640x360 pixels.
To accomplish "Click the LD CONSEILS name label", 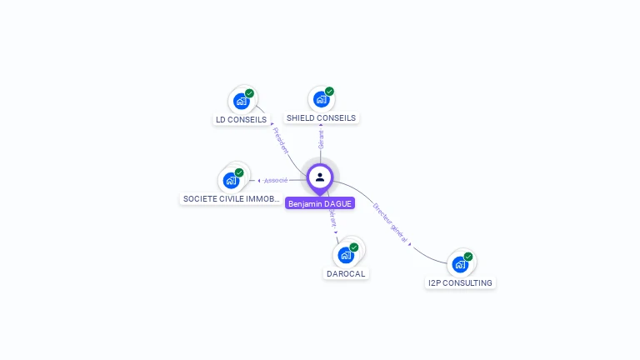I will (241, 119).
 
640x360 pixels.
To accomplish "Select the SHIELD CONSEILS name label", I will (321, 118).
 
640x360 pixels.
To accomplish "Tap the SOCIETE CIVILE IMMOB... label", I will (231, 199).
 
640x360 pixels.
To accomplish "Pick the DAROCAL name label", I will (345, 273).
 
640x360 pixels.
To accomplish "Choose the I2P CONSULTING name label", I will (460, 282).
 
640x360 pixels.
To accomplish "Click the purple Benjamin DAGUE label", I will (320, 203).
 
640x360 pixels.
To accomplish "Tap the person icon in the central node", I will (320, 177).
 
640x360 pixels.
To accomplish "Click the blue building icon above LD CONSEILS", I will (241, 102).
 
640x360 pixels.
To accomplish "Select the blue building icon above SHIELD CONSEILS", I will (321, 100).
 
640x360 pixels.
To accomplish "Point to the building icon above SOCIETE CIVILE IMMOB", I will (231, 181).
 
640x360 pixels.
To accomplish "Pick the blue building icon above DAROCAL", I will (346, 255).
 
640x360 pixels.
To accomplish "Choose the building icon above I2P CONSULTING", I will (460, 265).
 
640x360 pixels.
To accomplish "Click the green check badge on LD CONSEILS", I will (249, 93).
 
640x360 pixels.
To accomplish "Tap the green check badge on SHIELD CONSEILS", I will (329, 92).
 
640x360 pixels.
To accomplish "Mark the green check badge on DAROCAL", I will (354, 247).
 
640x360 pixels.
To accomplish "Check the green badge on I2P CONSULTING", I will (468, 257).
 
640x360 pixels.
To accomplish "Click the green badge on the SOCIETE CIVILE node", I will (239, 172).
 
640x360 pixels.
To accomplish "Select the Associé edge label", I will (276, 180).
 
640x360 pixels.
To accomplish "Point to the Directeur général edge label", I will (389, 221).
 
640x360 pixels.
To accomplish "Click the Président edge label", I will (281, 140).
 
